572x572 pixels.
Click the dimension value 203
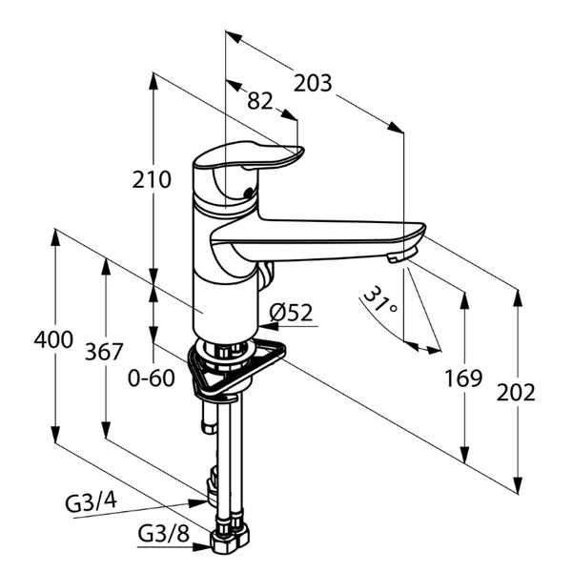point(313,83)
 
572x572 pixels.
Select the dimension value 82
point(260,101)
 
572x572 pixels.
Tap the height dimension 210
point(152,179)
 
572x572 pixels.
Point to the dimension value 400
point(53,339)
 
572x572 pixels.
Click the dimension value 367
point(104,352)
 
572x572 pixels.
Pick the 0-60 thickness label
point(152,378)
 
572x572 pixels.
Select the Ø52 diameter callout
point(291,313)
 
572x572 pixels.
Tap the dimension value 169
point(463,378)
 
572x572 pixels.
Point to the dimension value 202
point(516,393)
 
